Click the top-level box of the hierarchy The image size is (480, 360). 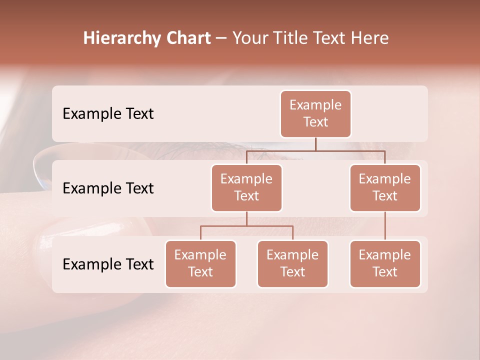pyautogui.click(x=315, y=113)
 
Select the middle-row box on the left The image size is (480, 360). pyautogui.click(x=246, y=187)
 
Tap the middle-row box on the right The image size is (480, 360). pyautogui.click(x=385, y=187)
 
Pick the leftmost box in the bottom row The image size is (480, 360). pyautogui.click(x=200, y=263)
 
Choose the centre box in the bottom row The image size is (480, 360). pyautogui.click(x=292, y=263)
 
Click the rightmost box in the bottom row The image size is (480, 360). pyautogui.click(x=385, y=263)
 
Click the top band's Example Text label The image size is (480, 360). pyautogui.click(x=108, y=114)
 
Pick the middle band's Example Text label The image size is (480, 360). pyautogui.click(x=108, y=188)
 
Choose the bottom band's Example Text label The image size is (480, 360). pyautogui.click(x=108, y=264)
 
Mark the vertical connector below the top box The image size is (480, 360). pyautogui.click(x=315, y=144)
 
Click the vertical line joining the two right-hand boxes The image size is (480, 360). pyautogui.click(x=385, y=226)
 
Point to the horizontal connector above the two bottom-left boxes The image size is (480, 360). pyautogui.click(x=246, y=226)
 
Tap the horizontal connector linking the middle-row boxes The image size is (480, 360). pyautogui.click(x=315, y=150)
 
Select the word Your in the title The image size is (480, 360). pyautogui.click(x=248, y=38)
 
